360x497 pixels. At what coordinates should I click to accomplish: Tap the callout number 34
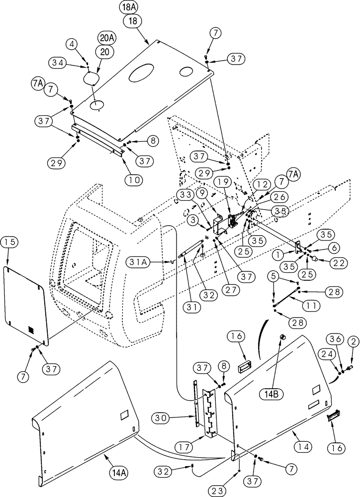click(x=58, y=62)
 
